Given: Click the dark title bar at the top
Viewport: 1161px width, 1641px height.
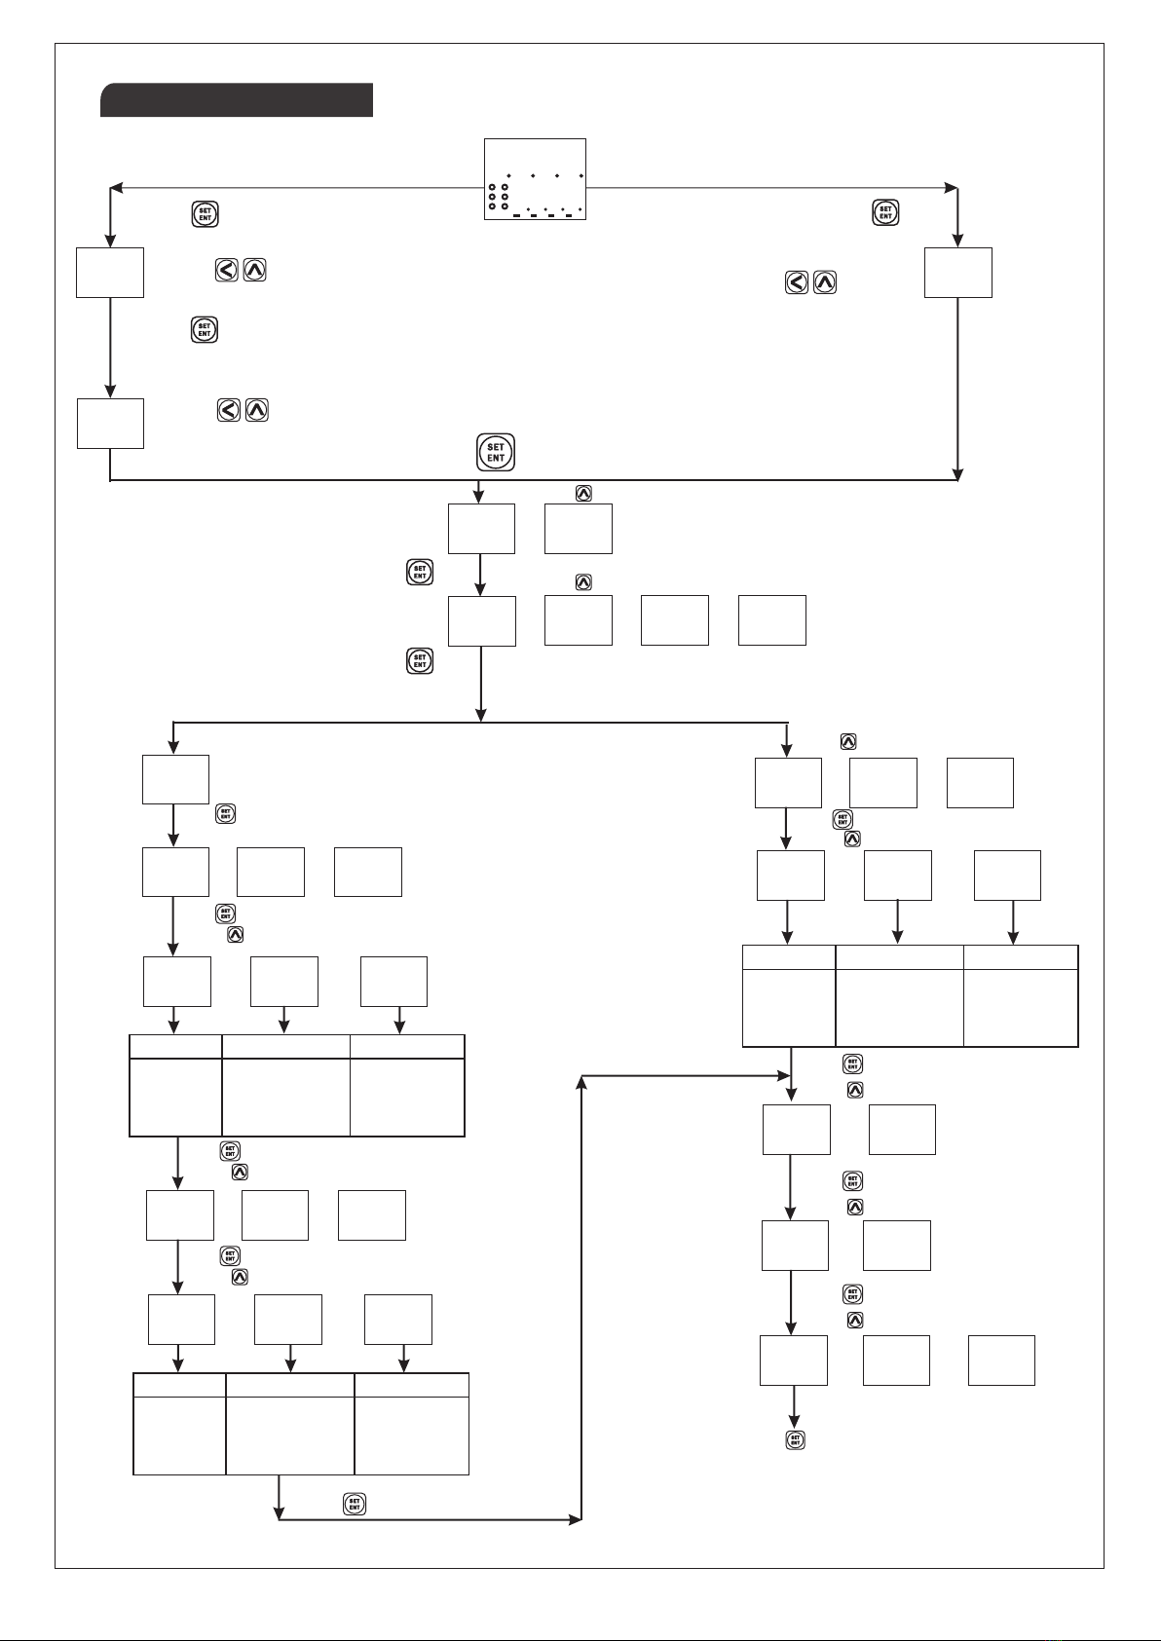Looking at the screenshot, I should tap(237, 99).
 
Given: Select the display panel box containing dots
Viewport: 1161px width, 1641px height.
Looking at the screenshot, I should tap(535, 179).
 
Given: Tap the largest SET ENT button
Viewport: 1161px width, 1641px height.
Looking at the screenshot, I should tap(496, 453).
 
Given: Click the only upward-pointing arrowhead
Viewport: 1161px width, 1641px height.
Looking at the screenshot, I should tap(581, 1082).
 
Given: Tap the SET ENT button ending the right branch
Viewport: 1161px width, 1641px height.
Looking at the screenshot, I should tap(795, 1439).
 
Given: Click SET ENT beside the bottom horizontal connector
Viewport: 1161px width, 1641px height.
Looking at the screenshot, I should tap(355, 1504).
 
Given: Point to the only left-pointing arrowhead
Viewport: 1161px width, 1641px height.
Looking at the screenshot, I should tap(115, 186).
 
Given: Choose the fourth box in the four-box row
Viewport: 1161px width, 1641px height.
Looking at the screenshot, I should tap(771, 619).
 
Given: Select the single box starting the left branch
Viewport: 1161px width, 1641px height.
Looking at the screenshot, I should tap(175, 779).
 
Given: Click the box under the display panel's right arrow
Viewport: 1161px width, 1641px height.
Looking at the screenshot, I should tap(957, 273).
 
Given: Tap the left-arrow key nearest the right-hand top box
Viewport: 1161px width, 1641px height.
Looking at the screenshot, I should tap(797, 283).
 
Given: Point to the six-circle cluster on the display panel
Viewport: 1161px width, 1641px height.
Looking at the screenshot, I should tap(499, 196).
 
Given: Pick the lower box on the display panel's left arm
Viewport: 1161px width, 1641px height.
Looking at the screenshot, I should tap(110, 423).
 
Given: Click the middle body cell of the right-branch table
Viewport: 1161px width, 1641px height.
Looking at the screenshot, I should tap(899, 1007).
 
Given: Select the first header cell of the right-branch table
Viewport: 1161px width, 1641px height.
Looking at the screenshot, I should tap(788, 956).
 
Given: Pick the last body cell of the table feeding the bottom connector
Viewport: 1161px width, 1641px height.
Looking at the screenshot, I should tap(411, 1437).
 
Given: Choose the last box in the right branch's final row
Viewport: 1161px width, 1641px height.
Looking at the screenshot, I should tap(1001, 1360).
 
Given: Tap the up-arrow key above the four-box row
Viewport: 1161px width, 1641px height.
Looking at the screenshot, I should tap(583, 582).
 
